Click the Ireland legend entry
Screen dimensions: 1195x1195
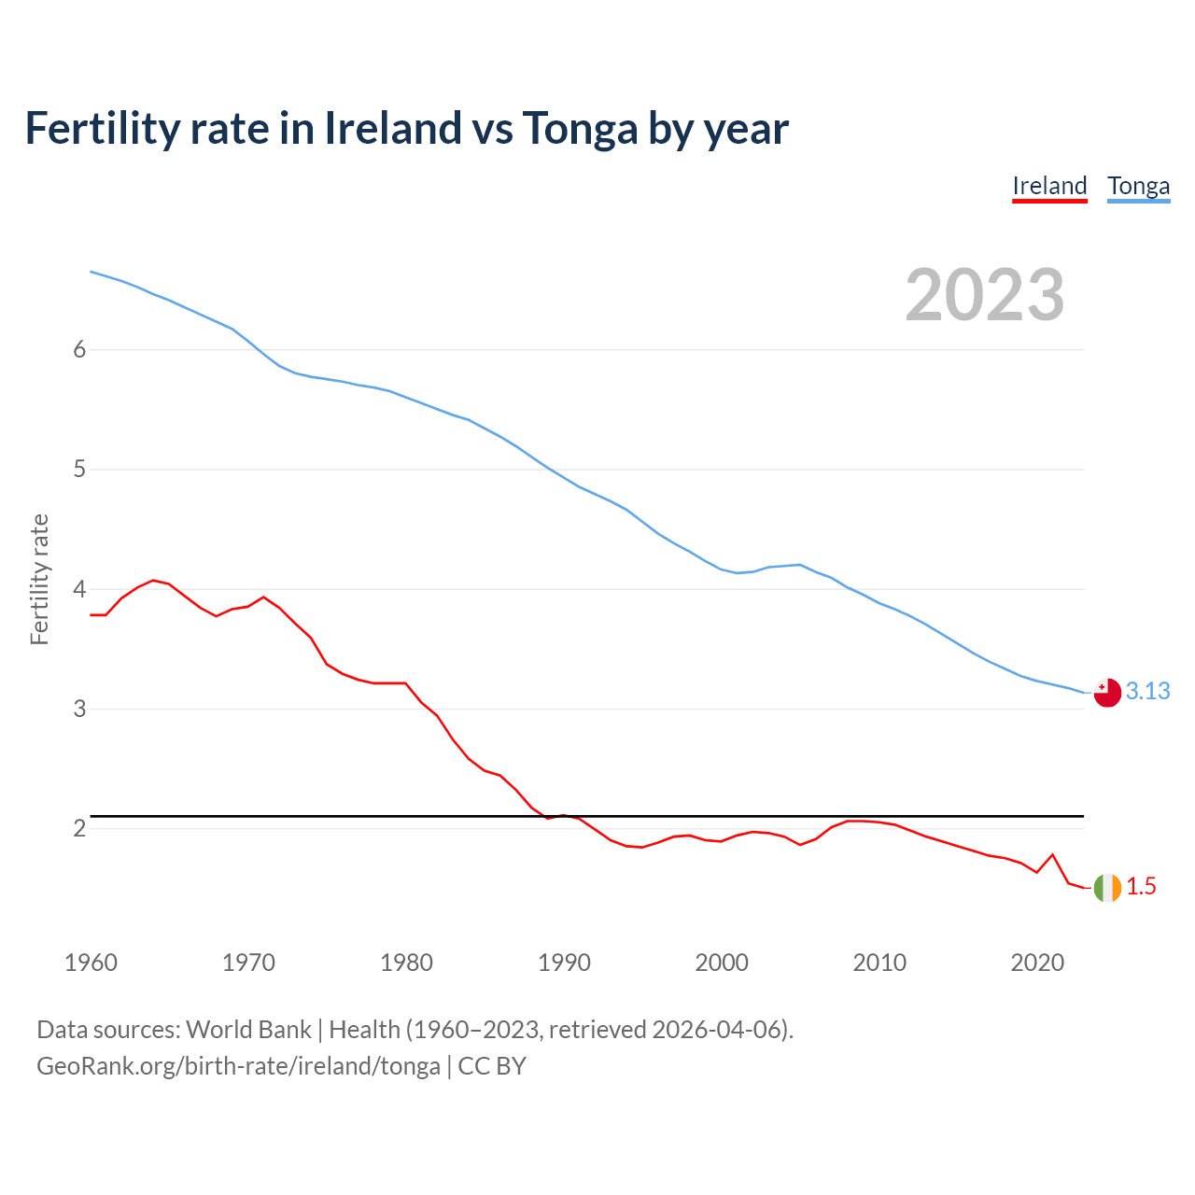point(1049,186)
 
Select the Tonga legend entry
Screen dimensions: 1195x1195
point(1138,186)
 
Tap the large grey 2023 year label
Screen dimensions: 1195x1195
point(985,295)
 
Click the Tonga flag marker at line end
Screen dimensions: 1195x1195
point(1107,693)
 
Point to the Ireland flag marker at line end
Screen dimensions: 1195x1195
point(1107,887)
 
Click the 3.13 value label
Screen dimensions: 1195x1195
point(1147,691)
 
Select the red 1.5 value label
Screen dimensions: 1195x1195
point(1141,886)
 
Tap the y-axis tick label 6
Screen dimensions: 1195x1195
point(79,349)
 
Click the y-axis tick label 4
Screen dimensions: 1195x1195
point(79,589)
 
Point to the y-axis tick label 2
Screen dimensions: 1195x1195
point(79,828)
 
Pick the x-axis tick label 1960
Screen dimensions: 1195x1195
point(91,963)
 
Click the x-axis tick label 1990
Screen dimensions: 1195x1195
point(564,963)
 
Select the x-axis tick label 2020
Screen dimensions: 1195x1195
point(1037,963)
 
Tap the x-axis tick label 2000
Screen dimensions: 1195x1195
point(722,963)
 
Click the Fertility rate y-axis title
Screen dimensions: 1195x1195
point(39,579)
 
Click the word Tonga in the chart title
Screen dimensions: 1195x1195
point(580,129)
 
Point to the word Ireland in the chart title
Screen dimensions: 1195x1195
point(392,128)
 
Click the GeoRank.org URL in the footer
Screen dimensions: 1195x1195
point(238,1066)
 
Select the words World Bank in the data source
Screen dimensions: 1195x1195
point(248,1029)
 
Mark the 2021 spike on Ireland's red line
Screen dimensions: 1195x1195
point(1052,854)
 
